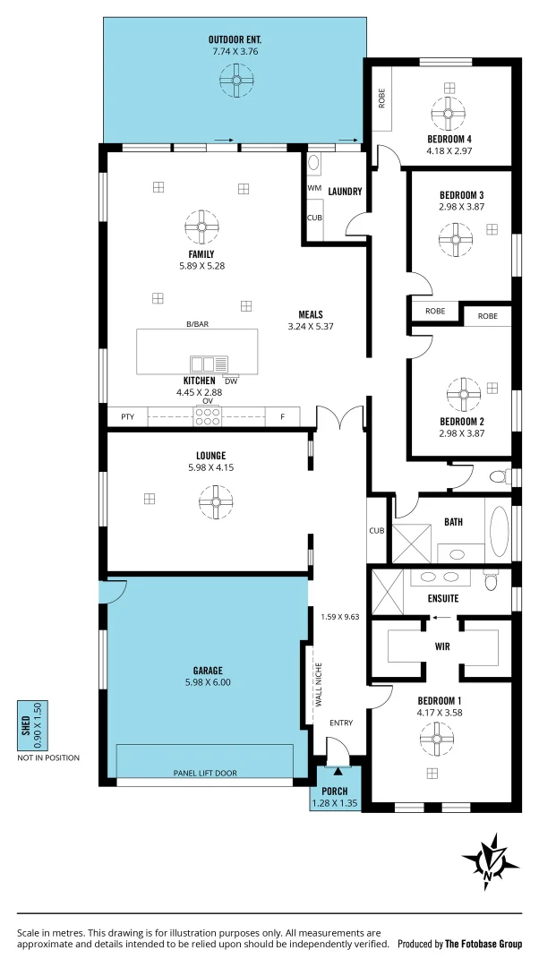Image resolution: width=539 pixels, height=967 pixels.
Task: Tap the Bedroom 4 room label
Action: tap(449, 139)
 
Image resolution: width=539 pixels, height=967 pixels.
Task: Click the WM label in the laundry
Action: tap(314, 189)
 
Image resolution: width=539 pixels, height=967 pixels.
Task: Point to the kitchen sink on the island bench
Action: tap(209, 363)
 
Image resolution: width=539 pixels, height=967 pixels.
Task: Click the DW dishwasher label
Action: tap(231, 381)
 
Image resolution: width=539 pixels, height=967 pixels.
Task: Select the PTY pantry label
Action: tap(126, 416)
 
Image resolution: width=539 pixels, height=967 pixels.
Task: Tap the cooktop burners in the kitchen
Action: tap(208, 415)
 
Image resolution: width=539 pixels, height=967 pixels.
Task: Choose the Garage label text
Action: tap(207, 670)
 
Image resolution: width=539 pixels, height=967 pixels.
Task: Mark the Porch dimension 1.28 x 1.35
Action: tap(335, 803)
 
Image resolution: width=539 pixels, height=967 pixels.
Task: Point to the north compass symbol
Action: tap(491, 861)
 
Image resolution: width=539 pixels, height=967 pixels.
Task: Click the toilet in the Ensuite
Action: tap(490, 583)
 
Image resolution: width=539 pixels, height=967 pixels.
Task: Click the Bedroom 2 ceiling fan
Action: tap(463, 392)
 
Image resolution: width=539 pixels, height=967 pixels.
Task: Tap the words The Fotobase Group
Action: tap(483, 944)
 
